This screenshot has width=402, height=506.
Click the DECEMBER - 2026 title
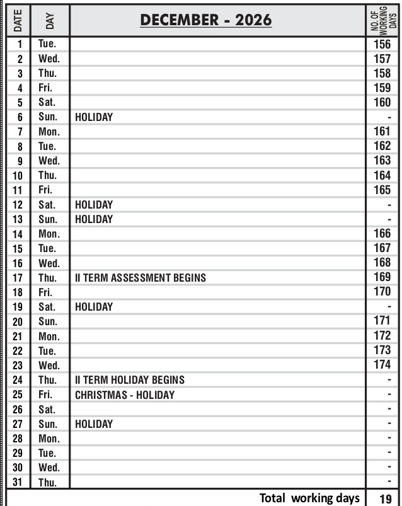click(x=206, y=20)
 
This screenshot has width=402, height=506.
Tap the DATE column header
click(x=18, y=21)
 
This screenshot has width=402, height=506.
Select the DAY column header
click(x=50, y=21)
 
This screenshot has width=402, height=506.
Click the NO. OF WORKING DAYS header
click(x=382, y=21)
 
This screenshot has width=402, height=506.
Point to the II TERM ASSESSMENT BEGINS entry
click(x=141, y=277)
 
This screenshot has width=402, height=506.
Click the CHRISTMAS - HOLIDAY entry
click(x=125, y=394)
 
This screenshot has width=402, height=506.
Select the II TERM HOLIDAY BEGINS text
click(x=130, y=380)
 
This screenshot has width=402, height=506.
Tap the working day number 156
click(x=382, y=44)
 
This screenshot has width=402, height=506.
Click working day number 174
click(x=382, y=365)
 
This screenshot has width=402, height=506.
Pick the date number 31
click(x=20, y=483)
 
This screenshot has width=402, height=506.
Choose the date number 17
click(x=20, y=278)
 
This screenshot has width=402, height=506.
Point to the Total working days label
click(x=309, y=498)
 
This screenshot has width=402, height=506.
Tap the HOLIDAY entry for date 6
click(x=94, y=117)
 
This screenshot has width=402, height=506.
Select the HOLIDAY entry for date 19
click(x=94, y=307)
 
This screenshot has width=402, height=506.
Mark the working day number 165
click(x=382, y=190)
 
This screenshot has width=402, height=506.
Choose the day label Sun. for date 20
click(x=49, y=321)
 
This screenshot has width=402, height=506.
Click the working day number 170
click(x=382, y=292)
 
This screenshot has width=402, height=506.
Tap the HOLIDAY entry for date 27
click(x=94, y=424)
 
